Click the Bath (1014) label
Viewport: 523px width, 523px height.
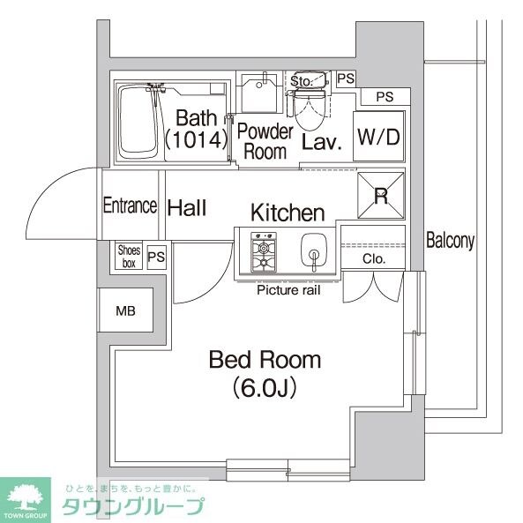point(193,128)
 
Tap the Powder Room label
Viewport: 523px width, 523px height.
point(265,141)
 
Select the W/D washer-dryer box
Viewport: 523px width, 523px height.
point(379,137)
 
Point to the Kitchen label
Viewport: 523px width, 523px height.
point(288,213)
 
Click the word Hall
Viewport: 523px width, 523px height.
point(187,208)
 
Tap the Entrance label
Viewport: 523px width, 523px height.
point(130,205)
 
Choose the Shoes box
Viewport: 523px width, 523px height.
point(129,257)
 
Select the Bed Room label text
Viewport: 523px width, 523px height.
point(265,360)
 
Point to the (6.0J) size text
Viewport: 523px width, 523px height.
point(264,386)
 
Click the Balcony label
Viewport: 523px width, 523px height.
point(451,240)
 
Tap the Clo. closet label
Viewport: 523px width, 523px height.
point(373,258)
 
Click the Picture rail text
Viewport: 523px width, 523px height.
point(288,289)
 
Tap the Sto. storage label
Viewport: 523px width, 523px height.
point(301,81)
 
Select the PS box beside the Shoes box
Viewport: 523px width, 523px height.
point(156,258)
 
